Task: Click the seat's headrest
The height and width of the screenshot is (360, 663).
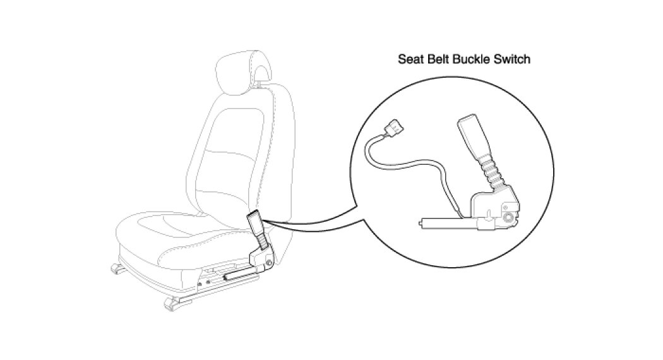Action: [243, 69]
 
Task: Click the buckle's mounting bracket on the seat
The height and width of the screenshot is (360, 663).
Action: [262, 257]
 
